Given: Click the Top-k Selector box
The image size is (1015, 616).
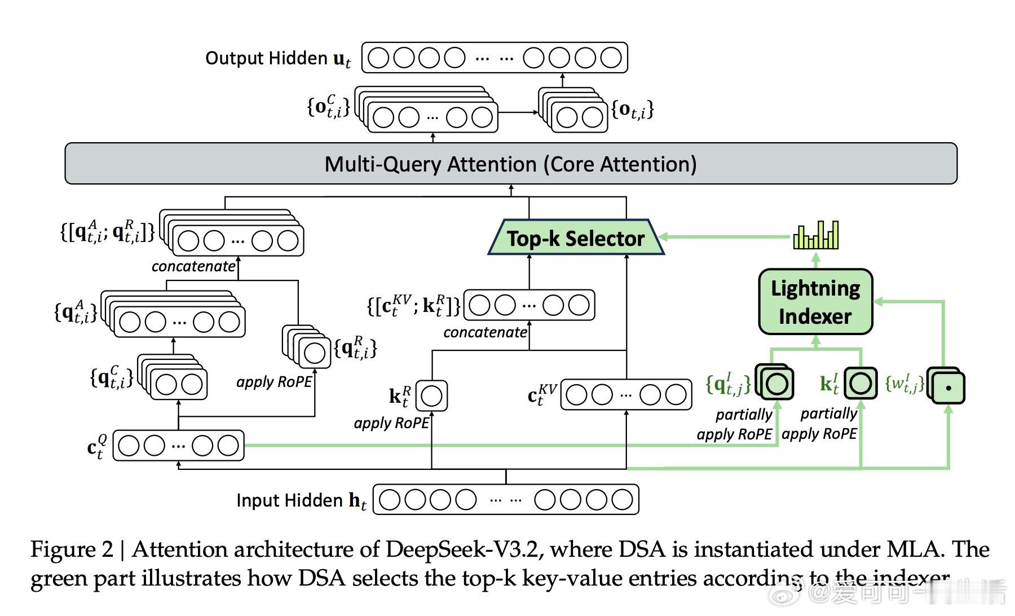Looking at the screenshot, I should pyautogui.click(x=575, y=238).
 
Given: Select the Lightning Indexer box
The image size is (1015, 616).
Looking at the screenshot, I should pyautogui.click(x=815, y=302).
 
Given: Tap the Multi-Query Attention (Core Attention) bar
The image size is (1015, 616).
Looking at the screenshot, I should pyautogui.click(x=510, y=164).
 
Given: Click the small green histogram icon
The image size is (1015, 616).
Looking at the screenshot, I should pyautogui.click(x=815, y=235).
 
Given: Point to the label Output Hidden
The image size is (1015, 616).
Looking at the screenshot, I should pyautogui.click(x=266, y=58).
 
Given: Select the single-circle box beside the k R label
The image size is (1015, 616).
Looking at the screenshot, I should pyautogui.click(x=431, y=395).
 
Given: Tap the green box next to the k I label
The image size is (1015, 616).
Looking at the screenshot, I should pyautogui.click(x=860, y=384).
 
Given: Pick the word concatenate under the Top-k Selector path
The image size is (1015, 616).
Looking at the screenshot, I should pyautogui.click(x=485, y=332).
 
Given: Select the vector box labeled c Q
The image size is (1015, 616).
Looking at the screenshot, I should pyautogui.click(x=179, y=446).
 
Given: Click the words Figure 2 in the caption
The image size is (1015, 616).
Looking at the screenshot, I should pyautogui.click(x=72, y=549).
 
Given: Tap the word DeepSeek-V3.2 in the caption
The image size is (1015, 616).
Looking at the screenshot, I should pyautogui.click(x=464, y=549).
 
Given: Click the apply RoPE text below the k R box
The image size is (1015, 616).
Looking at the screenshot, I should pyautogui.click(x=391, y=423).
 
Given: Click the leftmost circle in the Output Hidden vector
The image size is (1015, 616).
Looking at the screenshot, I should pyautogui.click(x=378, y=58).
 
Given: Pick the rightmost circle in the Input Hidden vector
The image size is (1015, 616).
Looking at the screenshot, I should pyautogui.click(x=622, y=500).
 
